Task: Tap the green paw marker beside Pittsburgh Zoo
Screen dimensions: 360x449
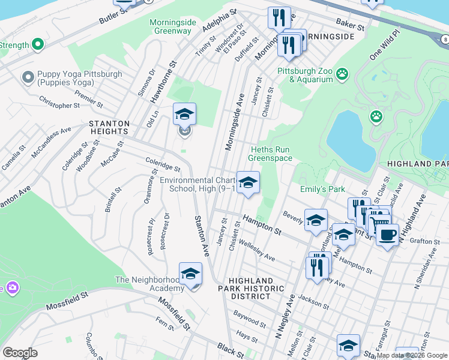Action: point(342,74)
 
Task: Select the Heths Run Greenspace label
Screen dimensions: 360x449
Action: point(271,154)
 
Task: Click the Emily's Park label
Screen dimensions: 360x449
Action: point(322,190)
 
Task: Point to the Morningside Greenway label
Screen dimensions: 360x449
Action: point(173,26)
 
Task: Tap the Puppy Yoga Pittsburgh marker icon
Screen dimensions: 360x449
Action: point(27,77)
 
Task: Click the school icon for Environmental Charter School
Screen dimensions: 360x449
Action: point(248,182)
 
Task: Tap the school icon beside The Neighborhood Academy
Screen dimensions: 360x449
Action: point(190,274)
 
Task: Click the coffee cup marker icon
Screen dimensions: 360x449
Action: point(387,235)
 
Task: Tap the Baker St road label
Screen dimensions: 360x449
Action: point(351,26)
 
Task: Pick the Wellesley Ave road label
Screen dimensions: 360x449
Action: point(256,251)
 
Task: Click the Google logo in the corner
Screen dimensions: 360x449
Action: point(20,353)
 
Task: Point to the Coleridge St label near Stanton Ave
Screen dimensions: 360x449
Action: point(163,164)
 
